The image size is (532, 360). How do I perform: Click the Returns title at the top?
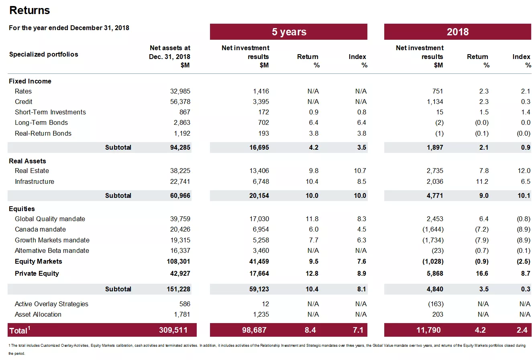click(x=30, y=10)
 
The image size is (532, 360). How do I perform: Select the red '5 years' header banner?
click(x=289, y=32)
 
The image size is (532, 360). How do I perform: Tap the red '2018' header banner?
click(x=457, y=32)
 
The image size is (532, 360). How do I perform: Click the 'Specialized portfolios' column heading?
click(x=44, y=55)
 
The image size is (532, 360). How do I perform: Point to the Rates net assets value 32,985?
click(x=180, y=92)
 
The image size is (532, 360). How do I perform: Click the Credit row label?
click(x=24, y=102)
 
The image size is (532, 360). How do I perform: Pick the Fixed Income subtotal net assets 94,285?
click(x=180, y=148)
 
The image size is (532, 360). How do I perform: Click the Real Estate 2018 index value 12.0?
click(x=524, y=171)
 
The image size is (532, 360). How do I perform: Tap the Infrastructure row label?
click(x=35, y=182)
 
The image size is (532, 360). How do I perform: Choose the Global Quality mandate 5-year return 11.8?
click(x=312, y=219)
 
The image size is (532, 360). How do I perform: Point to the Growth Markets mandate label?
click(x=52, y=240)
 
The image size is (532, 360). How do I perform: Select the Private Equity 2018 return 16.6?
click(x=482, y=274)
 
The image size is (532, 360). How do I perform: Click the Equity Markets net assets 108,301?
click(x=178, y=262)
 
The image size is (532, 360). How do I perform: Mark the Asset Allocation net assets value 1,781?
click(x=182, y=315)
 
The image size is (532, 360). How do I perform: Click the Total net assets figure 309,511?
click(x=173, y=330)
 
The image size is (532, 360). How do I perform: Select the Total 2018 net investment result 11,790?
click(x=428, y=330)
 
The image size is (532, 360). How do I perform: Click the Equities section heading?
click(x=22, y=209)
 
